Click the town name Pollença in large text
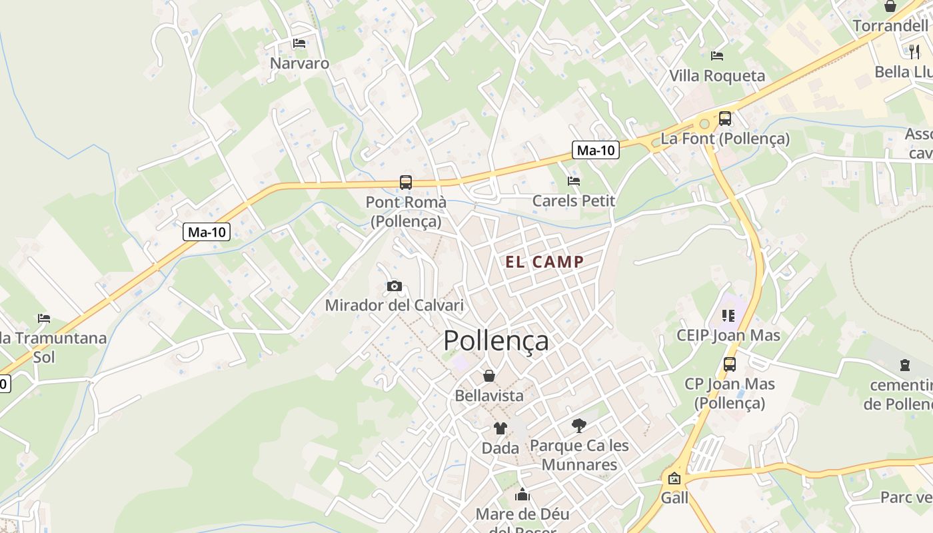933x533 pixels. pos(496,340)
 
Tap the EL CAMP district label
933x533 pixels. pos(544,262)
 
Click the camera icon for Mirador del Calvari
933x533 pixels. pos(395,286)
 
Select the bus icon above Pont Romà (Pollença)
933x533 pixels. pos(405,182)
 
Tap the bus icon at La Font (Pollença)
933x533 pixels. pos(725,119)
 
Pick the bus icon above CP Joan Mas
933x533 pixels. pos(730,364)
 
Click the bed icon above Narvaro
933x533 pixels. pos(299,43)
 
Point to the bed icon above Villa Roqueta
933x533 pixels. pos(717,55)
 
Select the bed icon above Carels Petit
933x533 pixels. pos(573,181)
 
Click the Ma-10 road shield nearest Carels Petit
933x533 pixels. pos(596,151)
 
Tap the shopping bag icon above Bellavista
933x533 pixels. pos(489,376)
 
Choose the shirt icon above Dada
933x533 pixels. pos(500,428)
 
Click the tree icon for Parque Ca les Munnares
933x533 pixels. pos(579,425)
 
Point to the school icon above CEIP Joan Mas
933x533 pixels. pos(728,315)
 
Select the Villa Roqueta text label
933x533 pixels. pos(717,76)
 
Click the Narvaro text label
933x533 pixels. pos(299,63)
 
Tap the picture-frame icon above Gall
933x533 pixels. pos(674,478)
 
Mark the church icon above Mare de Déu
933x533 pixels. pos(522,495)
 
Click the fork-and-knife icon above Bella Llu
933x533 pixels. pos(914,51)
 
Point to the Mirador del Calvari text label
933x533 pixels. pos(394,306)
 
